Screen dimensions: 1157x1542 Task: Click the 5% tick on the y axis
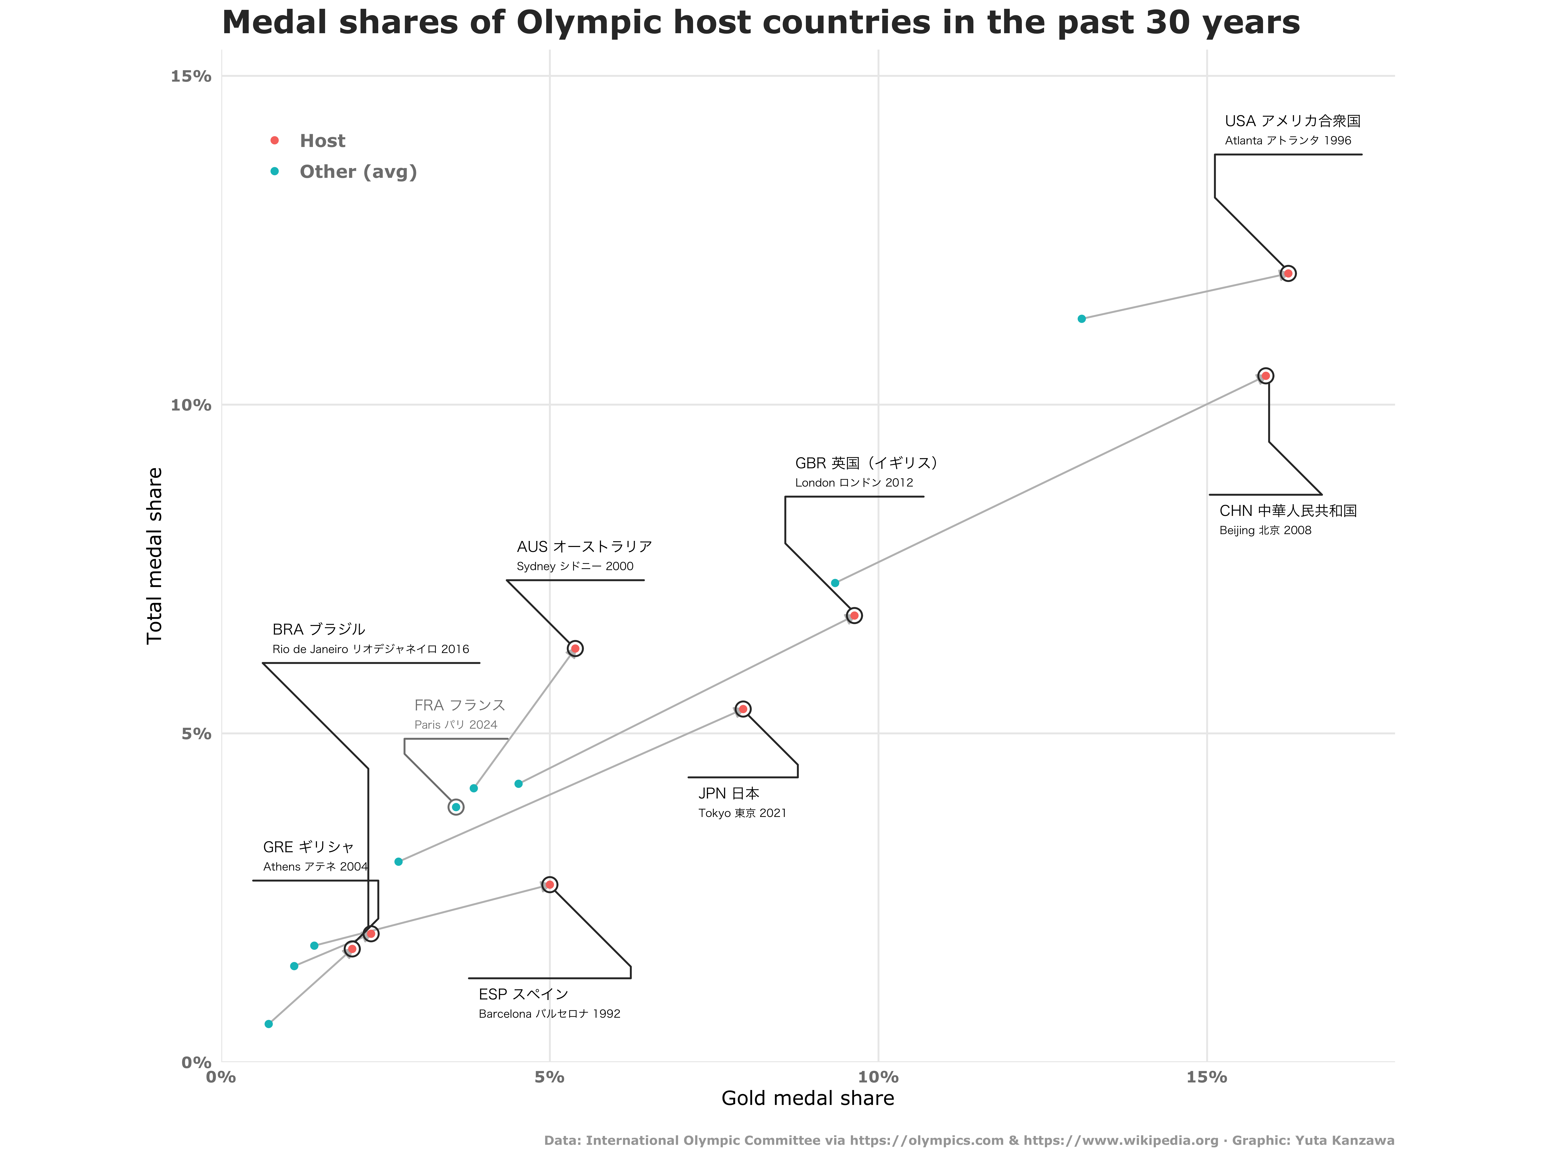(x=196, y=734)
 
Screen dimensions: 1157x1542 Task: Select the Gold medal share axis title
(x=807, y=1099)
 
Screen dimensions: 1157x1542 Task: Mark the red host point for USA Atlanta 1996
(x=1288, y=273)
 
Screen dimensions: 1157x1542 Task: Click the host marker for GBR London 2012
(x=854, y=615)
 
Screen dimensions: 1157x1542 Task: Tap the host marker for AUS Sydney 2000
(x=574, y=649)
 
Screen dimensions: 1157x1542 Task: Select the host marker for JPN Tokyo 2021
(x=743, y=709)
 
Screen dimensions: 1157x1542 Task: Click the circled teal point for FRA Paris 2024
(x=456, y=807)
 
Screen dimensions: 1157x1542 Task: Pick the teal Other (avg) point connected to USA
(x=1081, y=319)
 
